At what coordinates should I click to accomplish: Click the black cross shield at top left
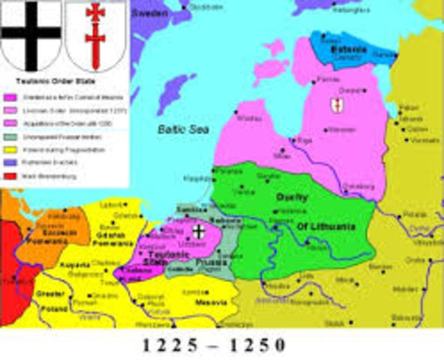point(31,34)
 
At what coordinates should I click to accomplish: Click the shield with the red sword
point(94,34)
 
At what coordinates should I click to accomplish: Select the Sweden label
point(150,13)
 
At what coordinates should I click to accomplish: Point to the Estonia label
point(349,49)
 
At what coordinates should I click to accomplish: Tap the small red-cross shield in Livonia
point(337,106)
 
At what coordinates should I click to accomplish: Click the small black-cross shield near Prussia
point(199,232)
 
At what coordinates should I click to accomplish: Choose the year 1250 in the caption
point(262,346)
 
